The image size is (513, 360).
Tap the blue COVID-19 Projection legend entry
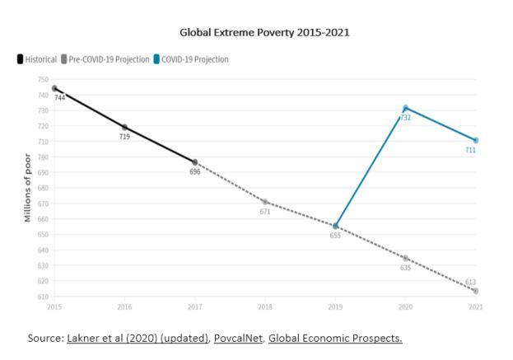194,59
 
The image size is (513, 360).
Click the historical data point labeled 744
54,88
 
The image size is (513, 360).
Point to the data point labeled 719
124,127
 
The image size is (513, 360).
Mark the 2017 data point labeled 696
195,162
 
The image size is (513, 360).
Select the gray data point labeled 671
265,202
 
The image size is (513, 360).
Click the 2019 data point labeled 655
335,226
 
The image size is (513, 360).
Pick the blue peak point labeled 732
405,107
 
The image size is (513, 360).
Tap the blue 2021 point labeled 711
476,140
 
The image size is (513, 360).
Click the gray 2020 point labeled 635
405,258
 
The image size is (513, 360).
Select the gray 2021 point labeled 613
476,291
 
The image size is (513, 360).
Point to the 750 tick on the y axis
43,79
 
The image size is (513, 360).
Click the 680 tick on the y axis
43,188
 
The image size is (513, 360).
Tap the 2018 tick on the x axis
265,307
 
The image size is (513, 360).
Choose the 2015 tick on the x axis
54,307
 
